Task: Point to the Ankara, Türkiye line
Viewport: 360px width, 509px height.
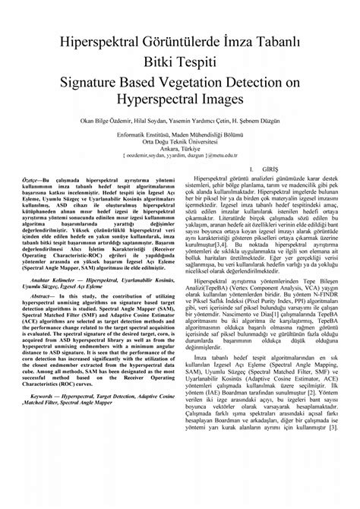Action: pos(179,149)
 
